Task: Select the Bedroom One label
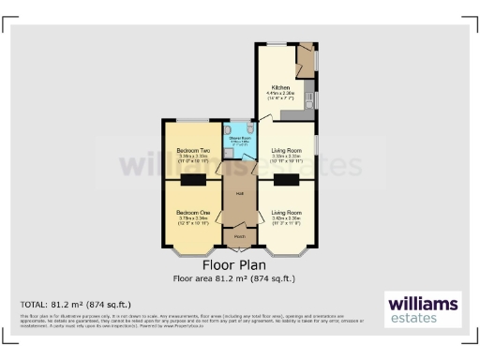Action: coord(193,213)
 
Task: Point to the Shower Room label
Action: coord(239,140)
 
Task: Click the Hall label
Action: coord(240,193)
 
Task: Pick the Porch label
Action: coord(240,236)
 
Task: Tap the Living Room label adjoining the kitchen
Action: coord(286,150)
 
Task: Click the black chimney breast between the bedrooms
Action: coord(194,180)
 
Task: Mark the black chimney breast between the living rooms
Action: coord(286,180)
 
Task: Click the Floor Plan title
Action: coord(240,265)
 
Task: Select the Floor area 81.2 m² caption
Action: coord(240,278)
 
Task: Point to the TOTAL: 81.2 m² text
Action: coord(76,305)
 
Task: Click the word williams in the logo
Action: coord(422,304)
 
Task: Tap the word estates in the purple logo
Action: coord(422,319)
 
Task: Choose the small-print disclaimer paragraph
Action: coord(187,322)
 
